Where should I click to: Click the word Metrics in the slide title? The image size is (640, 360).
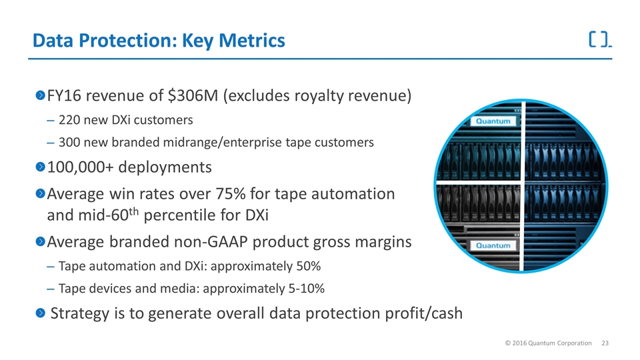pos(251,41)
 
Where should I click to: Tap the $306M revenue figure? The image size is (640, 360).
pos(193,95)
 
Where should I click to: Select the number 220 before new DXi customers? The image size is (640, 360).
pos(69,120)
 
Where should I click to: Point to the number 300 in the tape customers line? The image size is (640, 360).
pos(69,143)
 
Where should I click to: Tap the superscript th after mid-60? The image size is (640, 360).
pos(134,211)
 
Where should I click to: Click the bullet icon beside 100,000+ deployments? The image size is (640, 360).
pos(40,167)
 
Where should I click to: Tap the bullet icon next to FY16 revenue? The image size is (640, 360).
pos(40,95)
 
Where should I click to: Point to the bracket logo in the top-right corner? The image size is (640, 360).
pos(600,39)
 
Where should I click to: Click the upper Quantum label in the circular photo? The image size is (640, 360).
pos(493,121)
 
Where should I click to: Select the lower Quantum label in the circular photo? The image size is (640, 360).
pos(493,245)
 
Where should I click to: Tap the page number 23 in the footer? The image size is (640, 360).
pos(605,343)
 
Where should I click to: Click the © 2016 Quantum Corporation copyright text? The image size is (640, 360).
pos(548,343)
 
